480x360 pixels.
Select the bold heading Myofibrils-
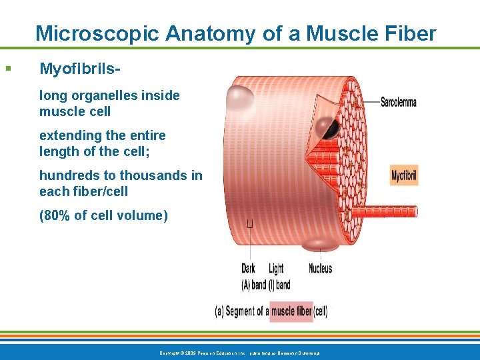point(81,69)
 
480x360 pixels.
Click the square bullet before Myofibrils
point(8,68)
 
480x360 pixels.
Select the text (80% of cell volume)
point(103,215)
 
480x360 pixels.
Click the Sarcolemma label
point(398,102)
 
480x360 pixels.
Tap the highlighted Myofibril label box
point(403,176)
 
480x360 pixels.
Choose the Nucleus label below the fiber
point(320,269)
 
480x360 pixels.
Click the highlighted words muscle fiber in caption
point(291,311)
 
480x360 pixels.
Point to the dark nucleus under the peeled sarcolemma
point(327,127)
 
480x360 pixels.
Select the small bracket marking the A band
point(250,223)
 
